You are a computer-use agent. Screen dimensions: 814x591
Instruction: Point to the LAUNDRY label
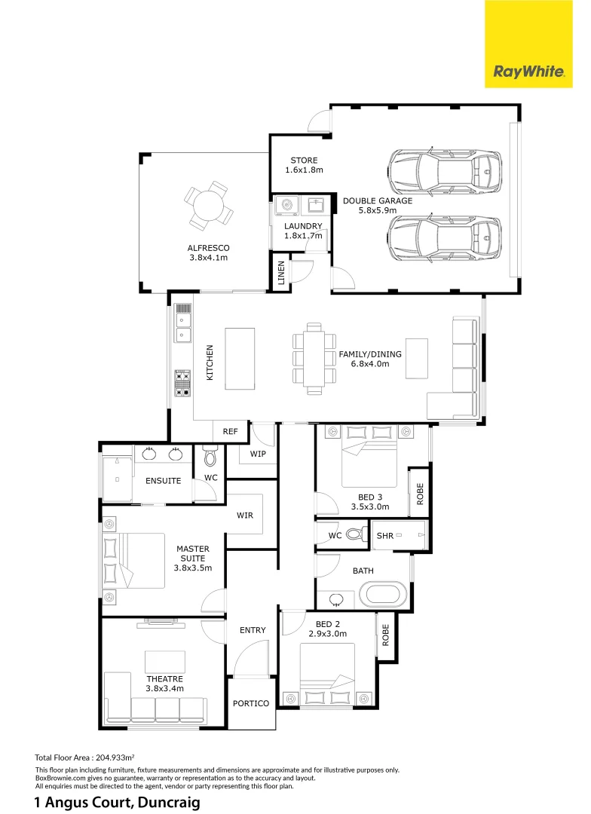coord(303,226)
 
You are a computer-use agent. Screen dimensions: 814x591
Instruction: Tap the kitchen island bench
coord(240,358)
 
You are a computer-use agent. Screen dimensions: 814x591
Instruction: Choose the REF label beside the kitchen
coord(231,432)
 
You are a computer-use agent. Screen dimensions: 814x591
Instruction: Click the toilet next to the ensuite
coord(210,457)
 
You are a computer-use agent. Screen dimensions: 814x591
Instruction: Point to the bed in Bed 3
coord(369,460)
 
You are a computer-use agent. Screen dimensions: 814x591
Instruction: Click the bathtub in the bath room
coord(384,595)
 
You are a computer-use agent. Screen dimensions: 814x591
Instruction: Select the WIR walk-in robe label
coord(244,516)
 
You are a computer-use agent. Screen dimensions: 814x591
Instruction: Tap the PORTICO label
coord(251,703)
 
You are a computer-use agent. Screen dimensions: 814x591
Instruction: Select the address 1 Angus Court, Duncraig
coord(117,803)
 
